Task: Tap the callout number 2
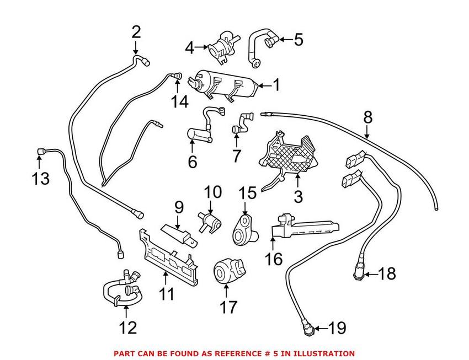pyautogui.click(x=136, y=33)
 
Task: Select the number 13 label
pyautogui.click(x=40, y=178)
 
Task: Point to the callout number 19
pyautogui.click(x=337, y=329)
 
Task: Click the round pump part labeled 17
pyautogui.click(x=226, y=272)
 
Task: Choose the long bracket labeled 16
pyautogui.click(x=303, y=227)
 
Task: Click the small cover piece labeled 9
pyautogui.click(x=177, y=232)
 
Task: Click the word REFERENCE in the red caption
pyautogui.click(x=233, y=353)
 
